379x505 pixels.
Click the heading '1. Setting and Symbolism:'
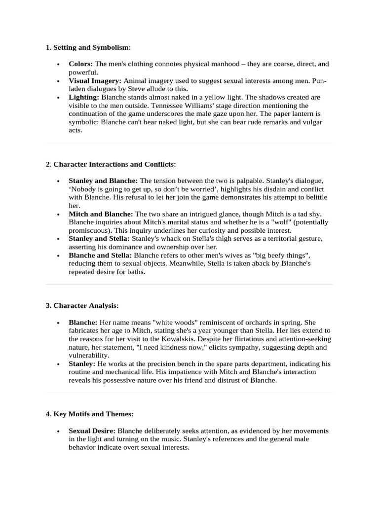[88, 47]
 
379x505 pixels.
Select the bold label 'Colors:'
[80, 64]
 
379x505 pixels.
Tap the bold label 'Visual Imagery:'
[95, 80]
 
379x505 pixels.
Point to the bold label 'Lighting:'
[84, 97]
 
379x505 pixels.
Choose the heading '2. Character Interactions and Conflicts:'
[111, 164]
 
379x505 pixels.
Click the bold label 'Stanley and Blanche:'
[103, 180]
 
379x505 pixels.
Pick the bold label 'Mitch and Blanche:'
[101, 214]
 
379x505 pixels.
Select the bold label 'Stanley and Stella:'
[99, 239]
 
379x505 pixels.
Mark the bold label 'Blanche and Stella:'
[100, 255]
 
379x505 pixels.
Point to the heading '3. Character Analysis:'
[82, 306]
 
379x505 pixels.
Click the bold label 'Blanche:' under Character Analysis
[82, 322]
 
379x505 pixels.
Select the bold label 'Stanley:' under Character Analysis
[81, 363]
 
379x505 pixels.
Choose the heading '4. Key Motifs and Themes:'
[89, 414]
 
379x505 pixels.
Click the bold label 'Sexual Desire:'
[92, 431]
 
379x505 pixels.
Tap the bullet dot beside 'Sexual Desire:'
[59, 431]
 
